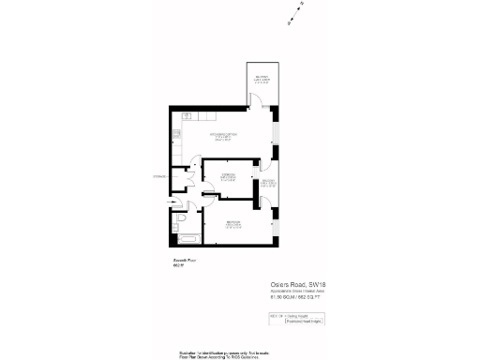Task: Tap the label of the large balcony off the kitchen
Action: [261, 81]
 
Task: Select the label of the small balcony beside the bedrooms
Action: [267, 184]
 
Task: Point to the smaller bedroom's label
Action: [226, 177]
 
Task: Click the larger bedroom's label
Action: [232, 225]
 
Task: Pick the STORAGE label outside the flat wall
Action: [160, 176]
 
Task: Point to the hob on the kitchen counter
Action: [187, 117]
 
